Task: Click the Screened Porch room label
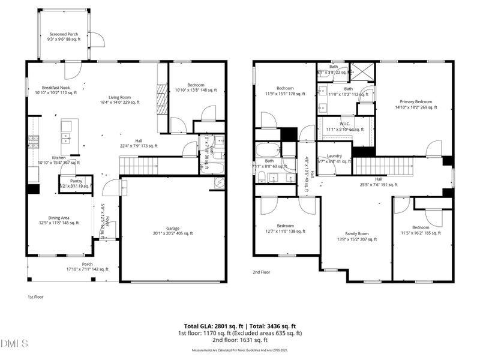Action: coord(63,34)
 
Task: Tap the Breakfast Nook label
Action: coord(48,88)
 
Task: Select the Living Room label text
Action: coord(119,97)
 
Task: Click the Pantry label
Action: coord(76,181)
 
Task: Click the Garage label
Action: coord(173,229)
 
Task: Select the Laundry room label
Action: coord(334,156)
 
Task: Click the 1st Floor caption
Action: coord(35,296)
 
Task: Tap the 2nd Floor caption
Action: coord(262,272)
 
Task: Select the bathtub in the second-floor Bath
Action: coord(268,150)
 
